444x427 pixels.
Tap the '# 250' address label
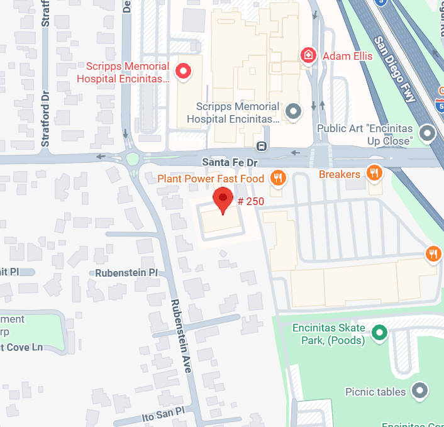point(251,201)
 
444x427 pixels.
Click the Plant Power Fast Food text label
point(211,179)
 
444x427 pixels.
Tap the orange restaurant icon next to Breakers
point(375,174)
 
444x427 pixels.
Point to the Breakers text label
point(340,174)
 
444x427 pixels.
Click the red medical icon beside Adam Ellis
point(308,55)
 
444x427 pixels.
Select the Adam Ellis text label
point(347,56)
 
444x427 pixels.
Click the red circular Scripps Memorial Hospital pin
point(184,72)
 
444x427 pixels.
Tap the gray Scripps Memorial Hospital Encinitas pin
point(293,113)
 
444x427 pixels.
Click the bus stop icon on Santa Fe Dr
point(261,147)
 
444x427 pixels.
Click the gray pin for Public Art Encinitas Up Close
point(428,133)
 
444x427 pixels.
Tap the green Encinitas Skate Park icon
point(379,333)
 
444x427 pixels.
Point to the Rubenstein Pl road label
point(126,273)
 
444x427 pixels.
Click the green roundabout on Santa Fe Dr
point(132,158)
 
